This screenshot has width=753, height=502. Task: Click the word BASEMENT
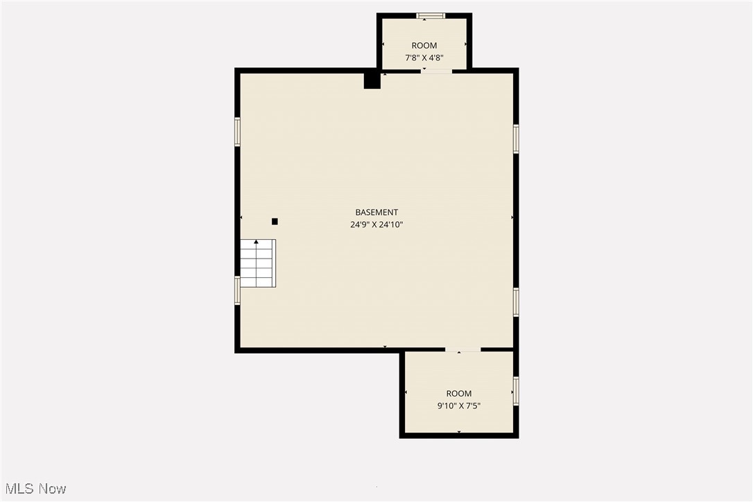[x=376, y=212]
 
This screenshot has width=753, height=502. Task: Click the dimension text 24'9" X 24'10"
[x=376, y=225]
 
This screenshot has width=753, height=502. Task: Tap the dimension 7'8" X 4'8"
[x=424, y=58]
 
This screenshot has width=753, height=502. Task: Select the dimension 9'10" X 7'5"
[x=459, y=406]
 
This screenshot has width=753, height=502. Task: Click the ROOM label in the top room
[x=424, y=46]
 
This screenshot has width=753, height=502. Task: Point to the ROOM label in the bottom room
[x=459, y=394]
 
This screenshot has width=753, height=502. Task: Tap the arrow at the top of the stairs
[x=257, y=242]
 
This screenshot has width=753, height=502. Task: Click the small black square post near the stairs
[x=275, y=221]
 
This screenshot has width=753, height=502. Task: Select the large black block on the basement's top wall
[x=372, y=80]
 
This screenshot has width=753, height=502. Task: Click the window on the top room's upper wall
[x=431, y=15]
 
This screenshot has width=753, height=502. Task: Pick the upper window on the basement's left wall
[x=237, y=132]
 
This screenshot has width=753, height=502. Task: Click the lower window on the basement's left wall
[x=237, y=290]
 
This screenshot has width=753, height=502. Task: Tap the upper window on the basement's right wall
[x=516, y=138]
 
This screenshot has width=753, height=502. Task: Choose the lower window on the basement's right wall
[x=516, y=302]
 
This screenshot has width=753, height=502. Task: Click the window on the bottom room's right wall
[x=516, y=390]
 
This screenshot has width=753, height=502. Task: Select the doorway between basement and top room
[x=437, y=70]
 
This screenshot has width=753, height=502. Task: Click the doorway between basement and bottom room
[x=463, y=350]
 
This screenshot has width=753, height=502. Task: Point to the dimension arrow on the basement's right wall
[x=512, y=218]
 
